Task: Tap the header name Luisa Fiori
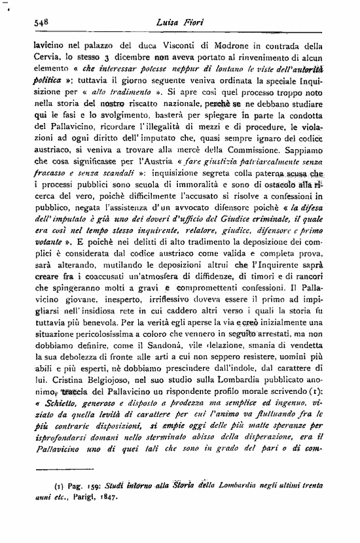click(179, 22)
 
